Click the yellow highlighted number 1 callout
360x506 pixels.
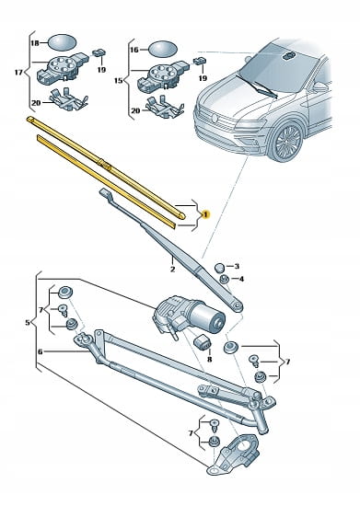pyautogui.click(x=205, y=214)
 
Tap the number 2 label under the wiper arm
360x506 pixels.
pyautogui.click(x=173, y=270)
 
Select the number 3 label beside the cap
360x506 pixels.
pyautogui.click(x=237, y=266)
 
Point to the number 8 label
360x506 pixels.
pyautogui.click(x=241, y=279)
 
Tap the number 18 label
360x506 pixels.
pyautogui.click(x=35, y=43)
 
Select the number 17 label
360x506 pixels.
pyautogui.click(x=18, y=73)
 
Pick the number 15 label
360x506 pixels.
pyautogui.click(x=119, y=80)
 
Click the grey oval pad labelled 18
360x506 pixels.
pyautogui.click(x=63, y=42)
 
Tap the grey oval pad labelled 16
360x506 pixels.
pyautogui.click(x=163, y=49)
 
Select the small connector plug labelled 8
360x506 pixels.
pyautogui.click(x=203, y=341)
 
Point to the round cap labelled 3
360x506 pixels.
pyautogui.click(x=219, y=267)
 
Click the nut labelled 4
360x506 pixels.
pyautogui.click(x=224, y=279)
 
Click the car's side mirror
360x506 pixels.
pyautogui.click(x=319, y=86)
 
